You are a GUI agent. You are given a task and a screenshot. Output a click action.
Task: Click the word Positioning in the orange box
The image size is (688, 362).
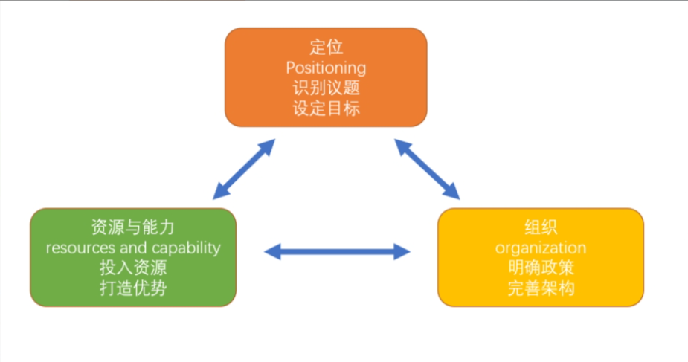pyautogui.click(x=326, y=68)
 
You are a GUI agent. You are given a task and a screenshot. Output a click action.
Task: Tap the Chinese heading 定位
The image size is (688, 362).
pyautogui.click(x=326, y=47)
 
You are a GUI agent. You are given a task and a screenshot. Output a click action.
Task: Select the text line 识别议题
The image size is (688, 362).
pyautogui.click(x=326, y=88)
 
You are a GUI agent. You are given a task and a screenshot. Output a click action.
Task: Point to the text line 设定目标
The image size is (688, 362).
pyautogui.click(x=326, y=109)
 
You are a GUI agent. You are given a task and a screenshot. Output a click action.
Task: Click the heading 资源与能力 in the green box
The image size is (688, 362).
pyautogui.click(x=133, y=227)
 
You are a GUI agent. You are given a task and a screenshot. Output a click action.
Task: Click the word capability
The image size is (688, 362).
pyautogui.click(x=186, y=248)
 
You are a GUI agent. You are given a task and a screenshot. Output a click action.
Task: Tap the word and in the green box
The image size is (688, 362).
pyautogui.click(x=134, y=248)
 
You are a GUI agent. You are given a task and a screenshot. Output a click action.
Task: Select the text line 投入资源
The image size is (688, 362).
pyautogui.click(x=133, y=268)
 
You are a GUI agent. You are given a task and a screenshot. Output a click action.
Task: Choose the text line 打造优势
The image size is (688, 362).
pyautogui.click(x=133, y=288)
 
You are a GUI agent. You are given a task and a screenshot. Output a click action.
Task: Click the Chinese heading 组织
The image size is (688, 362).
pyautogui.click(x=541, y=227)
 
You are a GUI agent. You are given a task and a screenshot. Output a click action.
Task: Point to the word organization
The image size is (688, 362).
pyautogui.click(x=541, y=248)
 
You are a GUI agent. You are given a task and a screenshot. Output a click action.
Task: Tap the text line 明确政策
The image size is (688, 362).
pyautogui.click(x=541, y=268)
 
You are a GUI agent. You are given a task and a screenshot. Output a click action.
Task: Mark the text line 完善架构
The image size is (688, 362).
pyautogui.click(x=541, y=288)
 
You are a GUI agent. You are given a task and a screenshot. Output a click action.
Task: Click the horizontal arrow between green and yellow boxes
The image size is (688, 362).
pyautogui.click(x=337, y=251)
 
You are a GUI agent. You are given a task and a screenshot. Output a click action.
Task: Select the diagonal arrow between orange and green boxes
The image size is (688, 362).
pyautogui.click(x=244, y=169)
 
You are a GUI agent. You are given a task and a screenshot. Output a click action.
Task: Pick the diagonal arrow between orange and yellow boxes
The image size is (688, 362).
pyautogui.click(x=427, y=169)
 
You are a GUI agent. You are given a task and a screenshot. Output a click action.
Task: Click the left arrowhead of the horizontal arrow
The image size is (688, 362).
pyautogui.click(x=272, y=251)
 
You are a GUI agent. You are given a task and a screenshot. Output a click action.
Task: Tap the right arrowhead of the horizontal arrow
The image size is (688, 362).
pyautogui.click(x=402, y=251)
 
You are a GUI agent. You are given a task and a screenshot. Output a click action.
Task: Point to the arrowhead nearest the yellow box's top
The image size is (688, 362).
pyautogui.click(x=452, y=192)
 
